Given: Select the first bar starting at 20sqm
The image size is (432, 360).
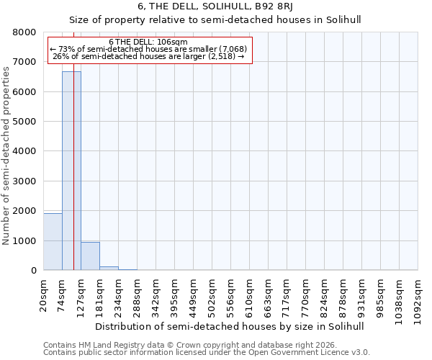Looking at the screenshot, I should click(x=53, y=242).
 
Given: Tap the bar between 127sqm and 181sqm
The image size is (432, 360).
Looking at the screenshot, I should click(x=90, y=256).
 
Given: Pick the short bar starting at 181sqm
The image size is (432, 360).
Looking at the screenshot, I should click(x=109, y=268).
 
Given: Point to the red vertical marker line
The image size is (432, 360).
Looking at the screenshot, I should click(x=74, y=180).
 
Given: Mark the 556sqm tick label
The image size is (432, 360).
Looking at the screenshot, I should click(x=231, y=295).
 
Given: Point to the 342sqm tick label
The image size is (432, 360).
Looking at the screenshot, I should click(x=156, y=295).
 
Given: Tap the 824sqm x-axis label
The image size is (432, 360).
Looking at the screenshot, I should click(x=325, y=295).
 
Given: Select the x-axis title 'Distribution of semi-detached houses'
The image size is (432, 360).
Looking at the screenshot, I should click(x=230, y=326).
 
